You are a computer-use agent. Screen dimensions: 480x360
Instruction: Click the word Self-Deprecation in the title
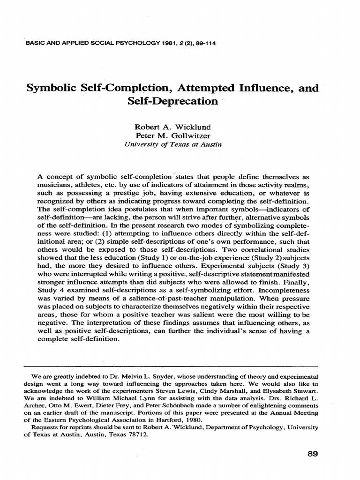pos(173,101)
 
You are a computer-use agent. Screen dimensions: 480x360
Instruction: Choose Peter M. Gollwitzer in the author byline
pos(173,136)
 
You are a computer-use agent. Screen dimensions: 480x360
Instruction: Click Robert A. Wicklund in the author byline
pos(173,127)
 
